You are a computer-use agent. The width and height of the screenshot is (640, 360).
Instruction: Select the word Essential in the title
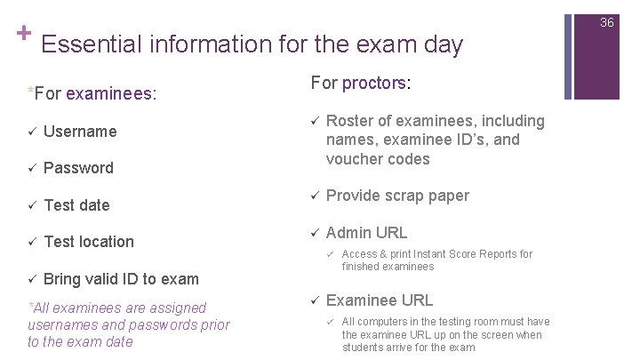pyautogui.click(x=85, y=44)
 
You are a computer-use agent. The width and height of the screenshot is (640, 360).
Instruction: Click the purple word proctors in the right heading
pyautogui.click(x=373, y=82)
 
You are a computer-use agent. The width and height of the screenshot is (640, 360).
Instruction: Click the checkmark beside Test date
pyautogui.click(x=31, y=205)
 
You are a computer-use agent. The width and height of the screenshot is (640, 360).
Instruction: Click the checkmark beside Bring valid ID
pyautogui.click(x=31, y=279)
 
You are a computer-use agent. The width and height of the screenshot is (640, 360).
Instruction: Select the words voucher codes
pyautogui.click(x=378, y=159)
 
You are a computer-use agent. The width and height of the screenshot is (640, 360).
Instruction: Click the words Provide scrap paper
pyautogui.click(x=397, y=196)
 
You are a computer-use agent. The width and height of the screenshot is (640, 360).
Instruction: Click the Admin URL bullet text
pyautogui.click(x=367, y=233)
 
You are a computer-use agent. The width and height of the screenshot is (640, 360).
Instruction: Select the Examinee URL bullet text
pyautogui.click(x=380, y=300)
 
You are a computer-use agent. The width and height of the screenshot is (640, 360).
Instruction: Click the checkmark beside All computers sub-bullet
pyautogui.click(x=328, y=322)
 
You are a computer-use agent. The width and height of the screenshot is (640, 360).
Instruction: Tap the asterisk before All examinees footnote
pyautogui.click(x=31, y=308)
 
